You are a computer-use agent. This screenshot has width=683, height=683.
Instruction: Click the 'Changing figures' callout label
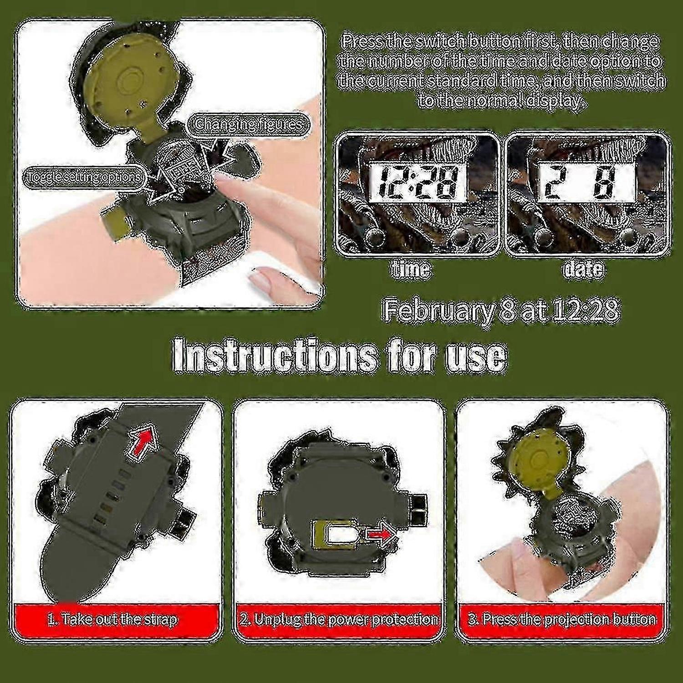click(249, 124)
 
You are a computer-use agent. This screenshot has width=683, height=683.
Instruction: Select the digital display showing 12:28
click(418, 183)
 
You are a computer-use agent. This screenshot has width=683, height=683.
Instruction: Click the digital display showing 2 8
click(586, 183)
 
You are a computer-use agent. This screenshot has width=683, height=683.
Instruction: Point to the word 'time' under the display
click(410, 269)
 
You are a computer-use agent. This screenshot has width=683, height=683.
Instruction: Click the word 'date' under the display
click(584, 269)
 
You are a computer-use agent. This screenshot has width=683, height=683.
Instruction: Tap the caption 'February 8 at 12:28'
click(500, 311)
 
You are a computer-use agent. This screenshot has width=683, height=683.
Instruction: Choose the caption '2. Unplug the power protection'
click(339, 620)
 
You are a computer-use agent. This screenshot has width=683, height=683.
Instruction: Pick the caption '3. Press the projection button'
click(562, 620)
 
